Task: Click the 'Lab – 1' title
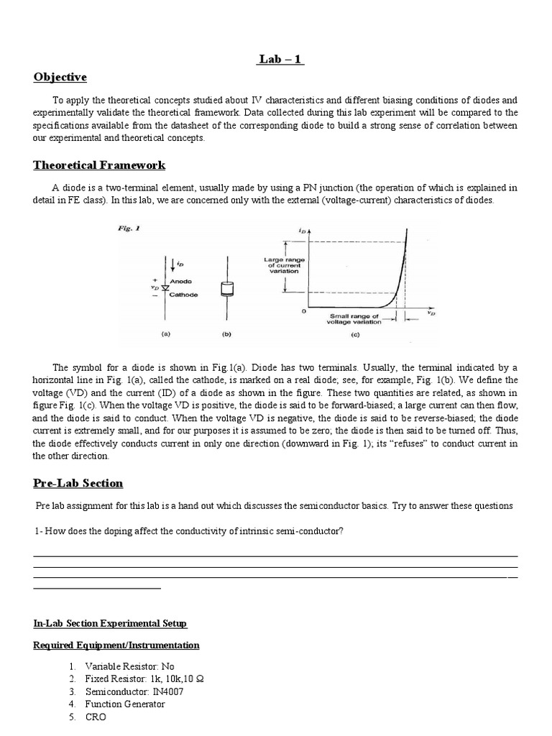click(x=280, y=60)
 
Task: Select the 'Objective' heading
click(x=60, y=77)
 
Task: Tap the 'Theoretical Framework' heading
click(x=99, y=165)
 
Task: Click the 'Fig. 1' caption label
click(x=129, y=229)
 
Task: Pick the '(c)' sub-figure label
click(x=355, y=334)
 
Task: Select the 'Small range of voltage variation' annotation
click(x=354, y=318)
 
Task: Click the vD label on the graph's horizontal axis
click(x=430, y=313)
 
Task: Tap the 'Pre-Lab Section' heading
click(x=78, y=483)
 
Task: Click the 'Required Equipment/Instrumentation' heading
click(x=116, y=645)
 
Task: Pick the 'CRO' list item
click(x=95, y=717)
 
